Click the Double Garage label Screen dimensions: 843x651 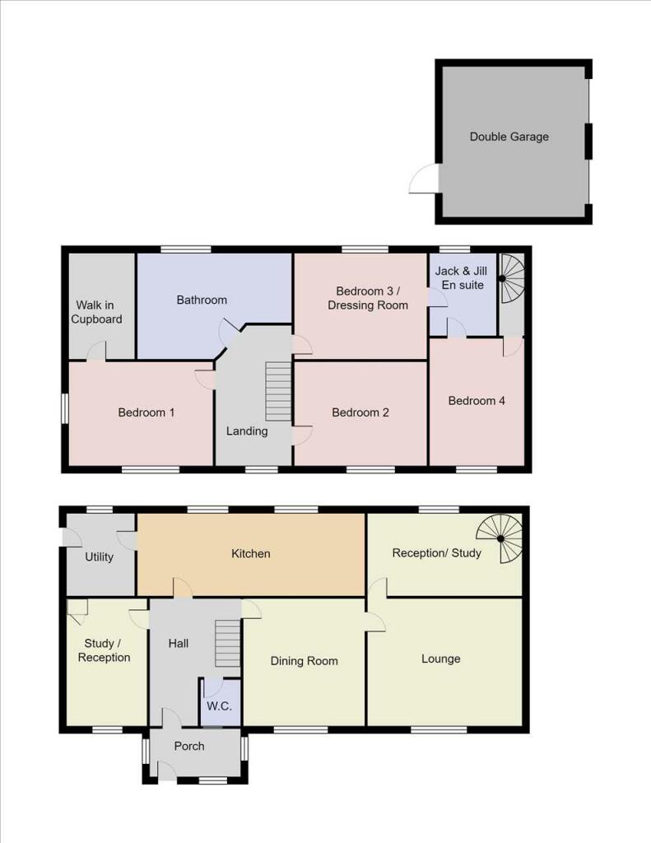click(509, 137)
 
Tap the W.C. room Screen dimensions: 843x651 click(219, 706)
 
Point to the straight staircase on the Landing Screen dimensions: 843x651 click(279, 392)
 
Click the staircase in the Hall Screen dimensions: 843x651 click(227, 643)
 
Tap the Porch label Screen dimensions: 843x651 click(189, 746)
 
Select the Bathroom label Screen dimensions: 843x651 click(202, 300)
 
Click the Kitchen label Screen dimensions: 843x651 click(250, 553)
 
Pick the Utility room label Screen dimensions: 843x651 click(99, 557)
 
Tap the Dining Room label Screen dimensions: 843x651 click(304, 660)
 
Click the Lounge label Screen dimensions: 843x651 click(440, 659)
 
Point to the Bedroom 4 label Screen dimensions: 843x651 click(477, 401)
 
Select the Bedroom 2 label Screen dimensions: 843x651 click(360, 412)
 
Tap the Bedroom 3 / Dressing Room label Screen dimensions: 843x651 click(368, 298)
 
